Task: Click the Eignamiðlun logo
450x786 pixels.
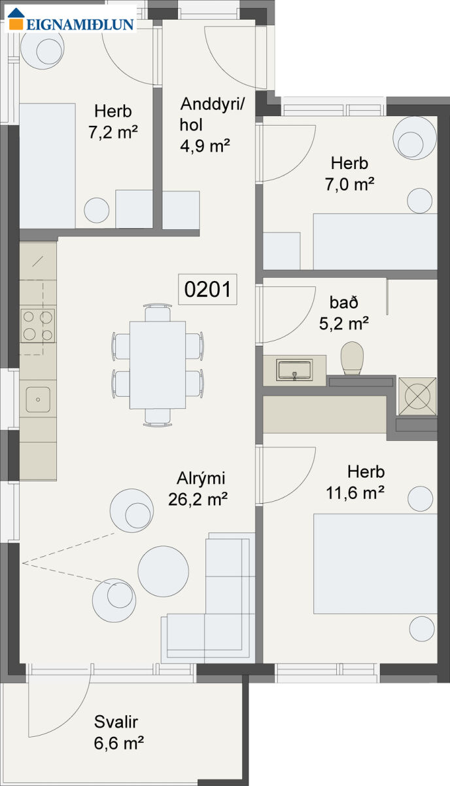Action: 71,19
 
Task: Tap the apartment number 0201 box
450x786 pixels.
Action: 207,289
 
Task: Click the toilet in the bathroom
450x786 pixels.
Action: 352,358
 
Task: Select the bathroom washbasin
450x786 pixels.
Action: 294,369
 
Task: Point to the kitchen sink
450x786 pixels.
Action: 38,400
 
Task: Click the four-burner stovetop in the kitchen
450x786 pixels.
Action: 38,326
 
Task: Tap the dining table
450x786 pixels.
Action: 158,365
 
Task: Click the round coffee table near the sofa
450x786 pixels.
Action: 163,571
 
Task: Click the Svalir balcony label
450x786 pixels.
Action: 116,722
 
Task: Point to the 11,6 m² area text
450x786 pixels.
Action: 355,493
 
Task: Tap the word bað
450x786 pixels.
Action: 344,303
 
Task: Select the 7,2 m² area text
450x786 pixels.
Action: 113,132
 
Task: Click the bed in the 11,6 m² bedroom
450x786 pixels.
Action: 375,564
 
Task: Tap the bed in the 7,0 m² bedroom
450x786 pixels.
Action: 375,242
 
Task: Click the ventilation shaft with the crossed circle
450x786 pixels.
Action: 417,396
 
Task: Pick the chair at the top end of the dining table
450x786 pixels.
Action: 158,313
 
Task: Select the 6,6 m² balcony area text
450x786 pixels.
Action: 119,743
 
